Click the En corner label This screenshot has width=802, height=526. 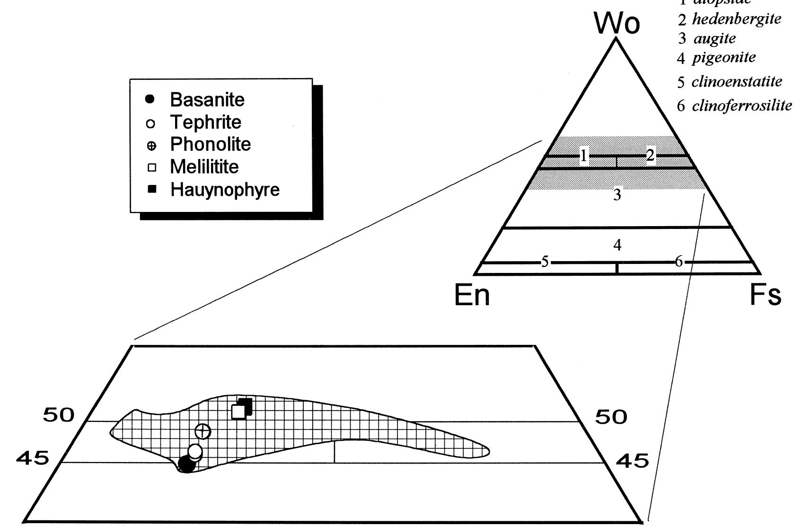tap(472, 296)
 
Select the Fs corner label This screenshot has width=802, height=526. tap(766, 296)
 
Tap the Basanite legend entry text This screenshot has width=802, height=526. tap(207, 100)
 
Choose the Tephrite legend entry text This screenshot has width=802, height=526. tap(206, 123)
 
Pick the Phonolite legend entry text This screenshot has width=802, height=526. tap(211, 144)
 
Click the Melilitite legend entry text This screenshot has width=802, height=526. tap(204, 167)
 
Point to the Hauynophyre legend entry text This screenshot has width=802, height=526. tap(225, 190)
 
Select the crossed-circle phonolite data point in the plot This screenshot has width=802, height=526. tap(203, 431)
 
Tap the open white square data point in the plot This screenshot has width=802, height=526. tap(239, 412)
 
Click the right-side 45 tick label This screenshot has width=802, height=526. tap(632, 461)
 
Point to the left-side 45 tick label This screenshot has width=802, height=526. tap(33, 458)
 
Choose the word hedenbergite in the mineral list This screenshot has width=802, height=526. tap(736, 19)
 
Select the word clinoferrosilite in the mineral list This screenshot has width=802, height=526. tap(741, 105)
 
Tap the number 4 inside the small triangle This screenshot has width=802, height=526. tap(617, 245)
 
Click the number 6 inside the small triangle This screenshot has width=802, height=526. tap(679, 262)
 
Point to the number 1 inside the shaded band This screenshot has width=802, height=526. tap(584, 156)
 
